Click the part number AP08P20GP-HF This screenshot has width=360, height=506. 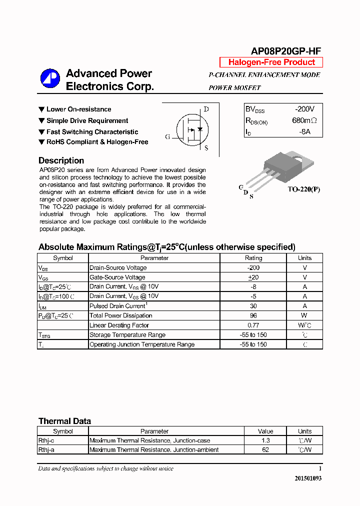tap(285, 50)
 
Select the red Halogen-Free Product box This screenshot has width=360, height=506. tap(271, 62)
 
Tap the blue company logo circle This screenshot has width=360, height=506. tap(50, 78)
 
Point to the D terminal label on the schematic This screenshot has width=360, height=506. tap(206, 109)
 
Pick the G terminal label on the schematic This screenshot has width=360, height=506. tap(167, 136)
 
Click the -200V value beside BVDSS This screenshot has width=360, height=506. tap(304, 109)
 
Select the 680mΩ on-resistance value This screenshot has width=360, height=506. tap(304, 120)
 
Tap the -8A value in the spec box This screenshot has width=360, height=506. tap(304, 131)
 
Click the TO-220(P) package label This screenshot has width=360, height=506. tap(303, 189)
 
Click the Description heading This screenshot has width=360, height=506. tap(61, 160)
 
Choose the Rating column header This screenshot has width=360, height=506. tap(253, 258)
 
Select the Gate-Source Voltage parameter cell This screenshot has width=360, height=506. tap(117, 277)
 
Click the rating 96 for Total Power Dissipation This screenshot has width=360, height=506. tap(253, 315)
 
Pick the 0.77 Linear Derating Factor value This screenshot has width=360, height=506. tap(253, 325)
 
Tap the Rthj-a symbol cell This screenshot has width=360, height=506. tap(46, 449)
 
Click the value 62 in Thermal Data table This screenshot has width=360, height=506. tap(265, 449)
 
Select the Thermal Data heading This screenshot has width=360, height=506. tap(64, 421)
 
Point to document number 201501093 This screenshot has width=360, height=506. tap(308, 478)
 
